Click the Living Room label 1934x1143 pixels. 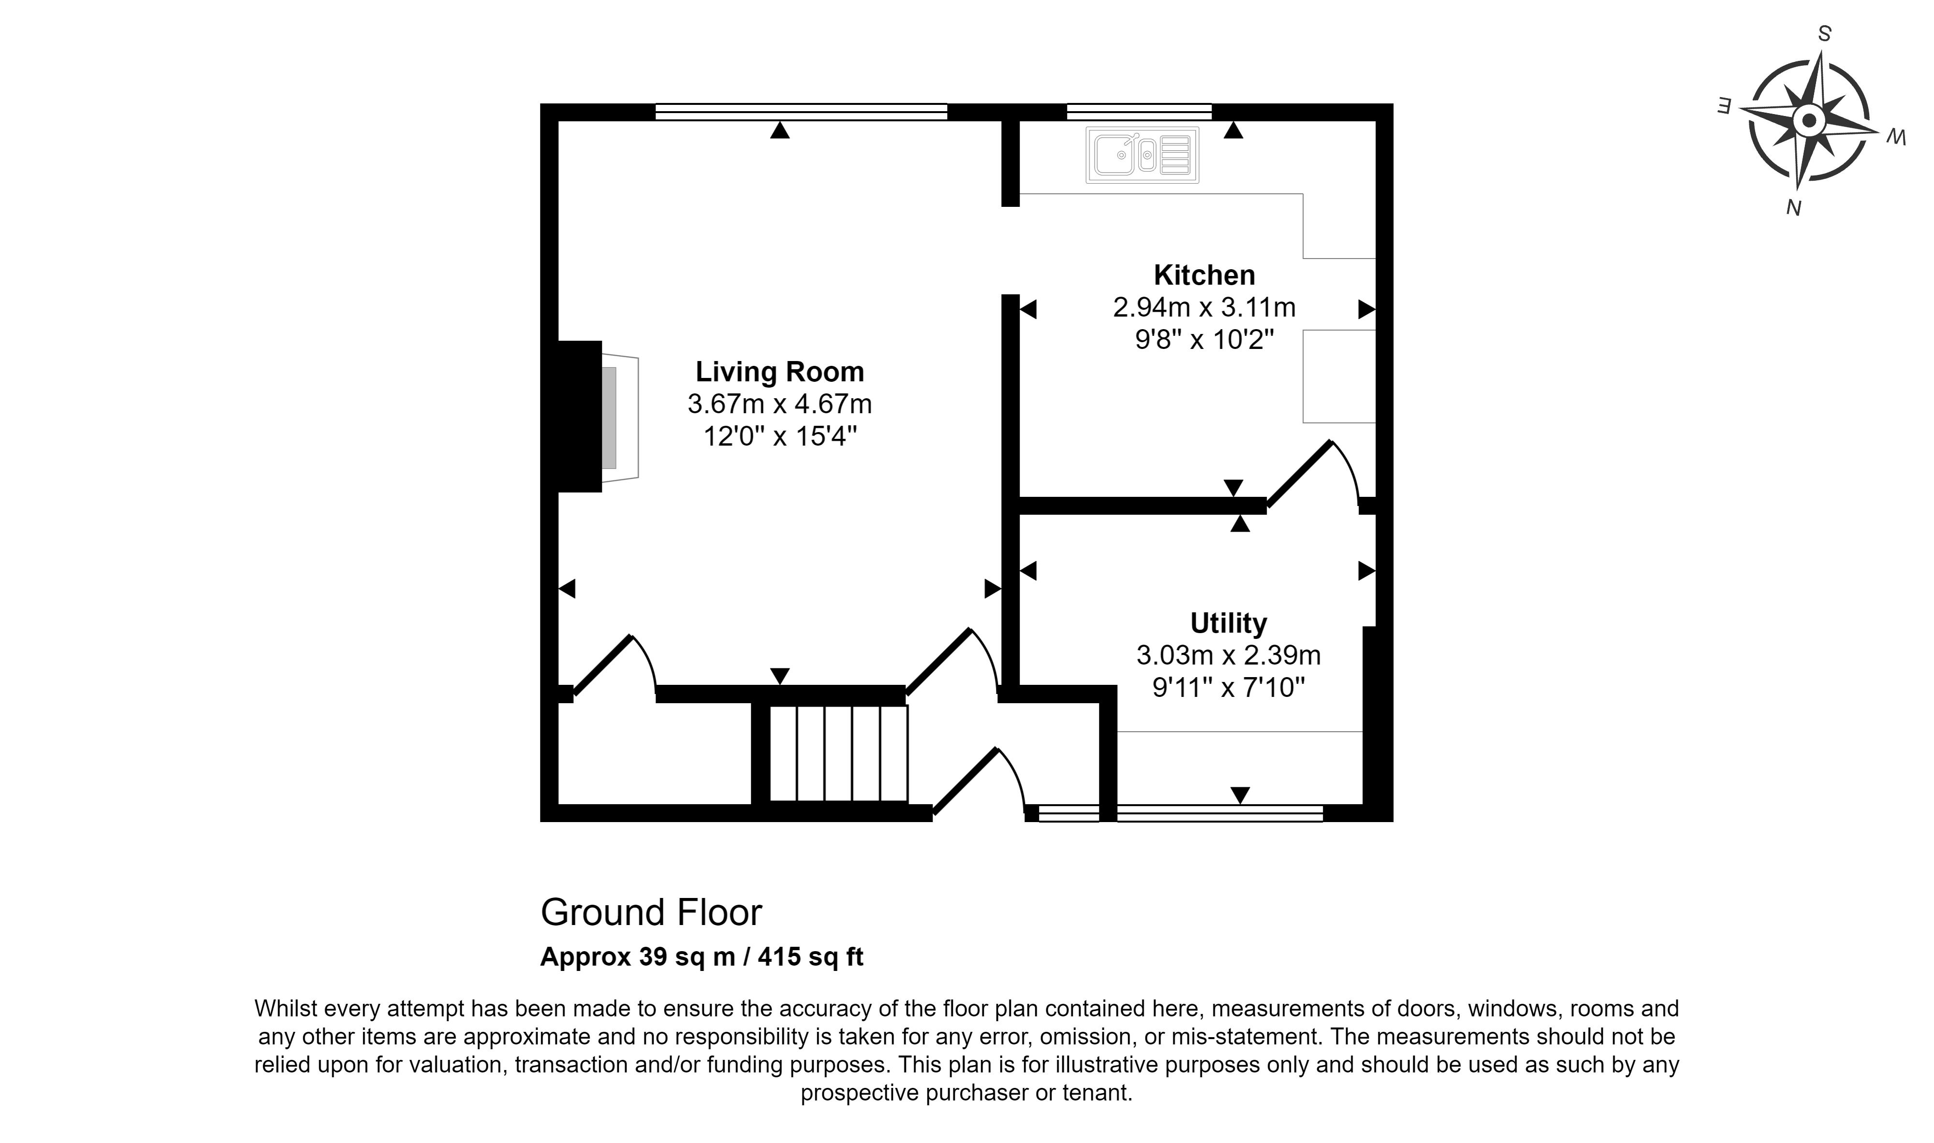click(780, 372)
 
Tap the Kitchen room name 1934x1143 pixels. click(1204, 275)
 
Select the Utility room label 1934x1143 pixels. click(1228, 622)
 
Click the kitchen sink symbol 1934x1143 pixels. click(1143, 155)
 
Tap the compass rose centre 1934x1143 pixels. click(1808, 121)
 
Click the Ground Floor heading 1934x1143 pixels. click(651, 912)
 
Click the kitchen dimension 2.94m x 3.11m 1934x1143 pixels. click(1204, 308)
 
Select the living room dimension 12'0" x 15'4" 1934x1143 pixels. click(780, 437)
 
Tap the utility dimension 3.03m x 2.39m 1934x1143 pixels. click(1228, 655)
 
